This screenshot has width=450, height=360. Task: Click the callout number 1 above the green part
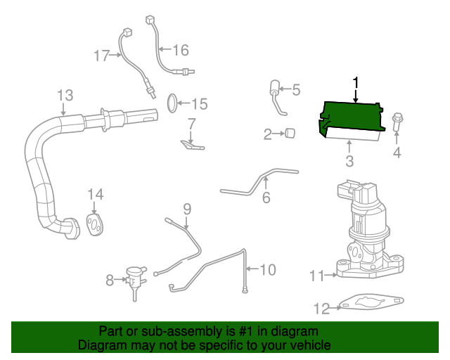[x=356, y=83]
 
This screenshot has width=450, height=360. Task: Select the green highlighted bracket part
[x=352, y=116]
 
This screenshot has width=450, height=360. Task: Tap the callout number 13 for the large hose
[x=65, y=95]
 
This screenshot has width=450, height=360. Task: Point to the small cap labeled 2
[x=289, y=133]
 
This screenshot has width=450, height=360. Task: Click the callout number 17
[x=102, y=55]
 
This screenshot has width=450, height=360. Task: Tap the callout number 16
[x=181, y=49]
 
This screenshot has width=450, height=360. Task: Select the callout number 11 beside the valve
[x=316, y=276]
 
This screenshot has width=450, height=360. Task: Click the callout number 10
[x=268, y=269]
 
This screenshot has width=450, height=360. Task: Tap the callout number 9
[x=187, y=208]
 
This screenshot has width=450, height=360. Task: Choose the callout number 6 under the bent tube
[x=266, y=198]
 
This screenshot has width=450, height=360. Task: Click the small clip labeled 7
[x=188, y=144]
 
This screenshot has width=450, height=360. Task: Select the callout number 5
[x=296, y=90]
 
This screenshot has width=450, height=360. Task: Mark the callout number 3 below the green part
[x=349, y=162]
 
